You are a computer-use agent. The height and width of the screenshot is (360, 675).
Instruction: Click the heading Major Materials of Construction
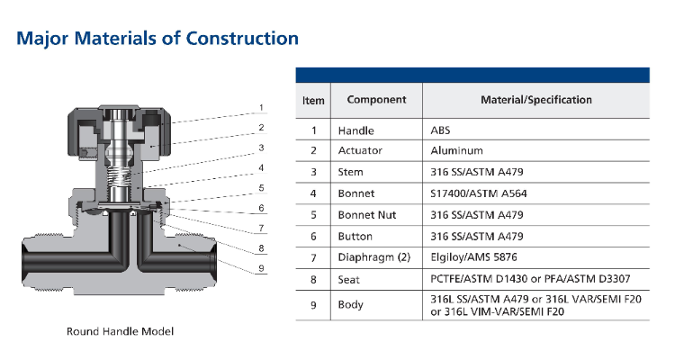pos(157,39)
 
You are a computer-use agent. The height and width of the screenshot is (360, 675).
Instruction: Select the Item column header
pos(313,100)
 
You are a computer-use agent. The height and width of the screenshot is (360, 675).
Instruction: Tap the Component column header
pos(377,100)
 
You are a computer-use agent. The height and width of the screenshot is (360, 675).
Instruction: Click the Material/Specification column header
pos(536,100)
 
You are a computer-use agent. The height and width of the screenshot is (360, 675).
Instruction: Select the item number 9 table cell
pos(313,305)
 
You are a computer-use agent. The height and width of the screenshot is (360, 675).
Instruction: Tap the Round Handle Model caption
pos(120,331)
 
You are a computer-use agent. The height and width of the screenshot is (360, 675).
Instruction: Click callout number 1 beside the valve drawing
pos(261,108)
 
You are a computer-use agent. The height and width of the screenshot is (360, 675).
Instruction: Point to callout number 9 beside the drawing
pos(261,268)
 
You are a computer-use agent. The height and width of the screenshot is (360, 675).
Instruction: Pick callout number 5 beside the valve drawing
pos(261,188)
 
